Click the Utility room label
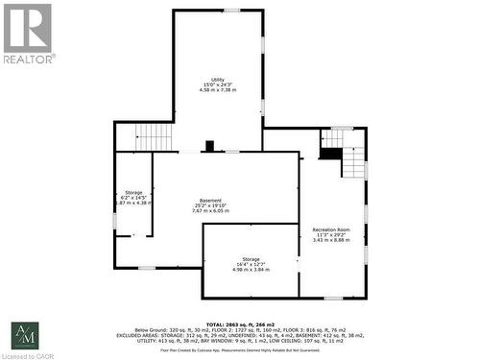pyautogui.click(x=218, y=79)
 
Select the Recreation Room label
pyautogui.click(x=331, y=229)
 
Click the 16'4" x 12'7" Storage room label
pyautogui.click(x=251, y=259)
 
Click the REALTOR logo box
pyautogui.click(x=27, y=28)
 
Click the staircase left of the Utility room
pyautogui.click(x=153, y=137)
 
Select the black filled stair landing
pyautogui.click(x=331, y=152)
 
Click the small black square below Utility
pyautogui.click(x=209, y=146)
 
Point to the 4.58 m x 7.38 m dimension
pyautogui.click(x=218, y=90)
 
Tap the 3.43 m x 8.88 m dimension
pyautogui.click(x=331, y=240)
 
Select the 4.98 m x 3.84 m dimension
pyautogui.click(x=251, y=270)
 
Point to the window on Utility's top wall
pyautogui.click(x=231, y=11)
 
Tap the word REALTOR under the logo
pyautogui.click(x=29, y=59)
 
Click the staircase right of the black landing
pyautogui.click(x=355, y=154)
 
